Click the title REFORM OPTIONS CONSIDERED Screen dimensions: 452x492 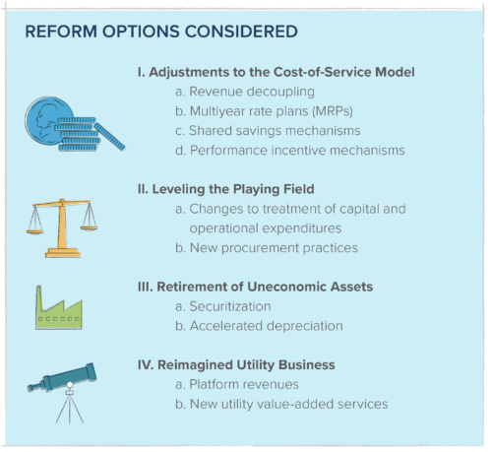pyautogui.click(x=160, y=31)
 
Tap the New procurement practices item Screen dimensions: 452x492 pyautogui.click(x=266, y=246)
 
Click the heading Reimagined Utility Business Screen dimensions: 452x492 pyautogui.click(x=236, y=364)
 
